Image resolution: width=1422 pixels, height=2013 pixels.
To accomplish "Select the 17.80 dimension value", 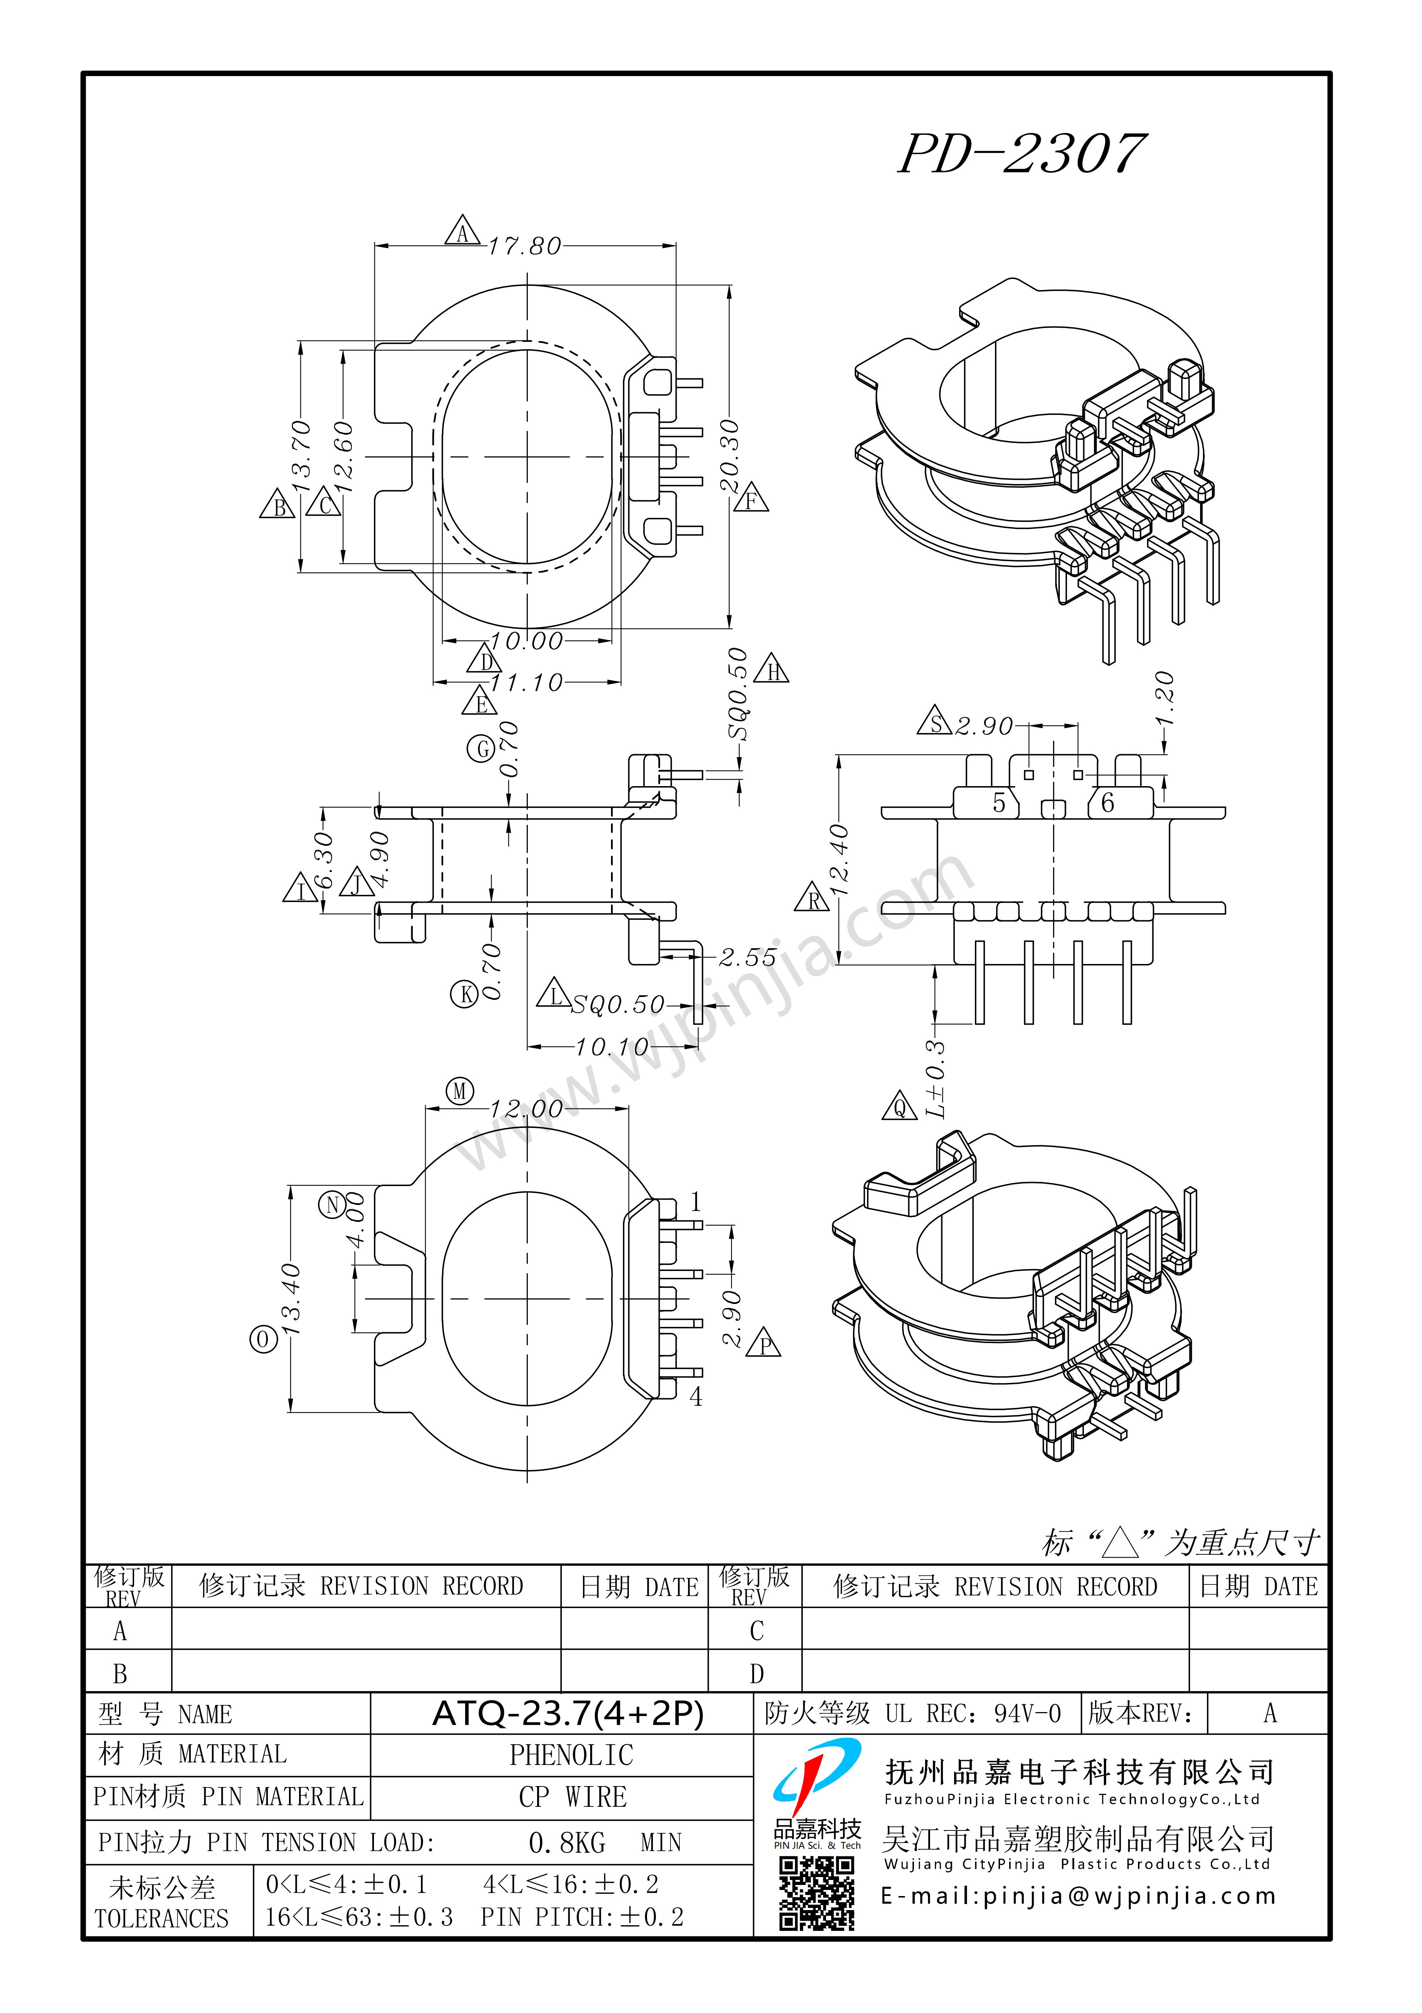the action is [x=524, y=246].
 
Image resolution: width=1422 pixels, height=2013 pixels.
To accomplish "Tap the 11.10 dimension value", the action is [x=526, y=682].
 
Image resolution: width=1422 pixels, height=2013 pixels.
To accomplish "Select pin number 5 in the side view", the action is [x=999, y=803].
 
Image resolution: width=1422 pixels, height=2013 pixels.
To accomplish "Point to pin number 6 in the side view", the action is [x=1107, y=803].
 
